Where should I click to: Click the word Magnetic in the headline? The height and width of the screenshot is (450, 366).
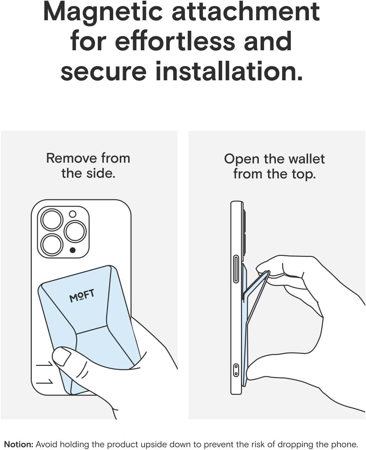103,13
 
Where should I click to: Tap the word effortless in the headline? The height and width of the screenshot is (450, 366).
175,41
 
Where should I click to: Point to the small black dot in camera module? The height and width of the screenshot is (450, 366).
73,251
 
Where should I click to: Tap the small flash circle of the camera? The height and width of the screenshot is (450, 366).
73,214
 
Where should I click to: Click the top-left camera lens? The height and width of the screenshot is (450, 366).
52,220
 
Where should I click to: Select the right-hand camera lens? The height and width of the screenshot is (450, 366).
75,231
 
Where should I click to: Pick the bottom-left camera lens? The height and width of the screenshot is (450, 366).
52,245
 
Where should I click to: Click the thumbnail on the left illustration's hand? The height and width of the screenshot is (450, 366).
62,357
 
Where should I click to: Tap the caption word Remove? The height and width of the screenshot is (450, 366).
72,158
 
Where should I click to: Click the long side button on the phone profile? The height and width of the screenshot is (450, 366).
236,269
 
